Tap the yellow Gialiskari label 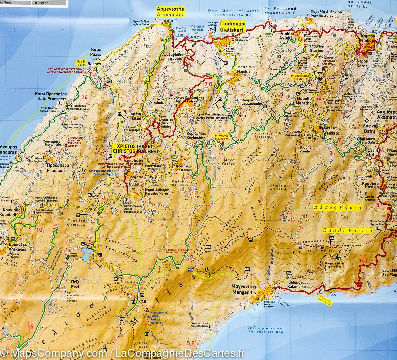[233, 27]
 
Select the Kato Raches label [94, 57]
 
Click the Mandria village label [243, 69]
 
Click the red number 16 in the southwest [31, 327]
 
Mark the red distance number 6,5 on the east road [363, 261]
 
